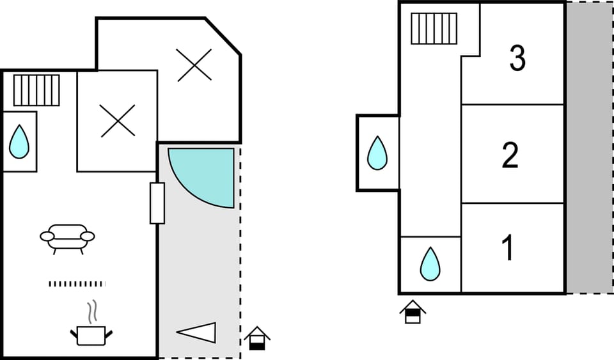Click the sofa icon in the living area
tap(67, 237)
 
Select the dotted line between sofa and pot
tap(77, 284)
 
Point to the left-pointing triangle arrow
tap(197, 333)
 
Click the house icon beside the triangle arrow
tap(257, 338)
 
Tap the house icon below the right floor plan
tap(413, 311)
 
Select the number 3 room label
tap(517, 58)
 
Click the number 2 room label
tap(510, 155)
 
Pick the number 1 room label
tap(508, 248)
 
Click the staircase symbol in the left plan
tap(36, 90)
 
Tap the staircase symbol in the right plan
tap(434, 29)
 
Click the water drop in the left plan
tap(19, 142)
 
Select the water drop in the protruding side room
tap(377, 153)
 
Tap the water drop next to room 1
tap(430, 264)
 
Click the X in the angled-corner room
tap(194, 65)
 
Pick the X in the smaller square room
tap(118, 121)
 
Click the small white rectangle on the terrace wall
tap(157, 203)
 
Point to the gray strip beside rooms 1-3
tap(588, 147)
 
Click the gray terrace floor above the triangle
tap(198, 269)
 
